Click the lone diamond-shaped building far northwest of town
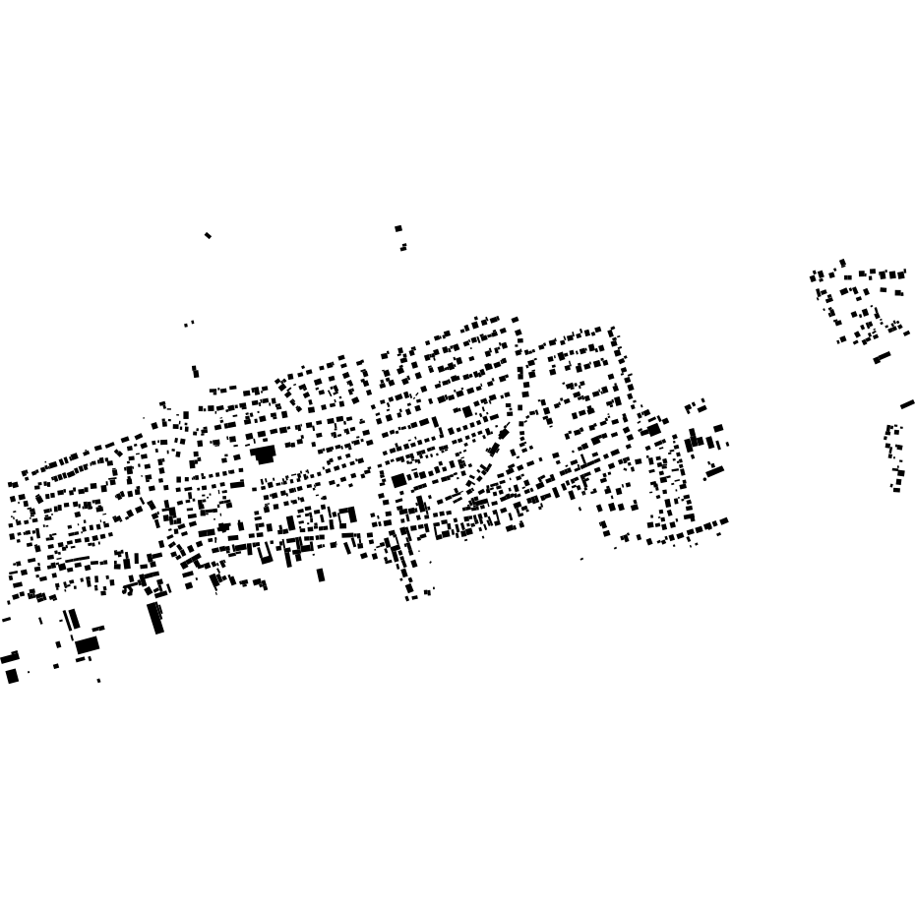pos(208,235)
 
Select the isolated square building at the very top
pos(398,228)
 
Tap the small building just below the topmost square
pos(403,248)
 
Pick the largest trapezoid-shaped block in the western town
pos(263,454)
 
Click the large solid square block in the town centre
pos(398,481)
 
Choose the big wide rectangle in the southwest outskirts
pos(88,645)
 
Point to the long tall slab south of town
pos(155,618)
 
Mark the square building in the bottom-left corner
pos(12,676)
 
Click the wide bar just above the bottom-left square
pos(10,657)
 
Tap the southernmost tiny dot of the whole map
pos(98,681)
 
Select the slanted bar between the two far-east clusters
pos(882,357)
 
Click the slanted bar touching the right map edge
pos(907,403)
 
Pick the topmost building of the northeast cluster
pos(842,263)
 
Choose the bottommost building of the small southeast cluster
pos(896,489)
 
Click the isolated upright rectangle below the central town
pos(321,575)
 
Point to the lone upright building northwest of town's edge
pos(195,372)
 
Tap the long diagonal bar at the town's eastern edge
pos(714,472)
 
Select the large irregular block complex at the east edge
pos(701,442)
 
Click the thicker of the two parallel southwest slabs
pos(73,619)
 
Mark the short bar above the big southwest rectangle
pos(98,629)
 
